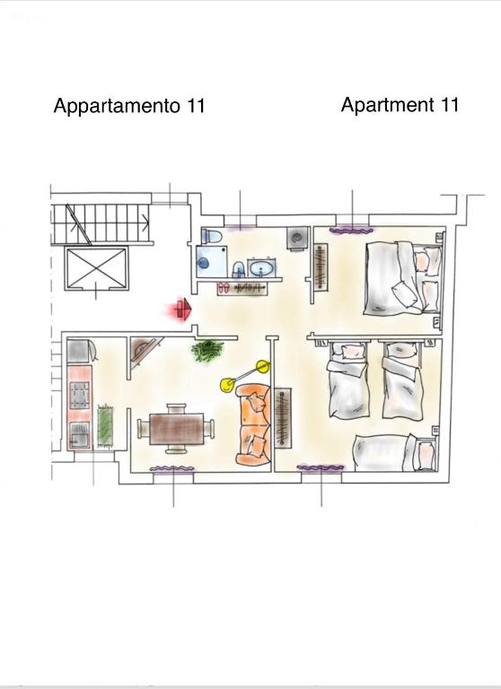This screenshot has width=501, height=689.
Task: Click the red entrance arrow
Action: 182,310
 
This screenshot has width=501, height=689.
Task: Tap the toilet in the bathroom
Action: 212,236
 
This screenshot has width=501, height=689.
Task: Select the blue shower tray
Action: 212,261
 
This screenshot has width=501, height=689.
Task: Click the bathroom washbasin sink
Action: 261,267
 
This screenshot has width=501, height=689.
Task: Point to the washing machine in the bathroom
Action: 298,238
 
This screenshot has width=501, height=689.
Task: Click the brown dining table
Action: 176,429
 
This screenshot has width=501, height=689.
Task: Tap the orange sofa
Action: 254,424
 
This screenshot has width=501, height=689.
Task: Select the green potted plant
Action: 207,350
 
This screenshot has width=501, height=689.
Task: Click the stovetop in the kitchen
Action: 80,395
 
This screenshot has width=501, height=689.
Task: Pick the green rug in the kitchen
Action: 105,426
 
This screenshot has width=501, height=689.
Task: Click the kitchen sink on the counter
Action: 80,435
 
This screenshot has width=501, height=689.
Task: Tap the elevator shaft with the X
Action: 96,268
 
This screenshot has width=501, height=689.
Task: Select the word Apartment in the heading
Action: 388,105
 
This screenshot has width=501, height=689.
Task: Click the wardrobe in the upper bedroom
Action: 321,266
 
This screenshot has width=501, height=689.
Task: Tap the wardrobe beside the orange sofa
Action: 283,418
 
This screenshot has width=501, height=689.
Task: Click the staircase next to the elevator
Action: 101,223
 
